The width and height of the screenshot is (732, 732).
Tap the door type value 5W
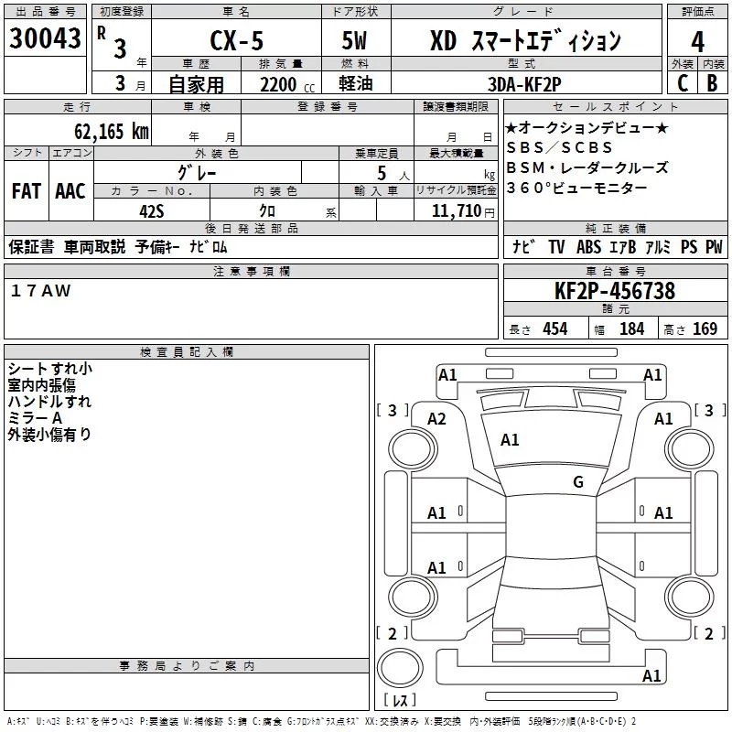click(357, 41)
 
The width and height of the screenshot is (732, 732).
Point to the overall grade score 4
click(698, 41)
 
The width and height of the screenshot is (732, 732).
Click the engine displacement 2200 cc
click(279, 85)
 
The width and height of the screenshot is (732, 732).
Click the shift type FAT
click(27, 190)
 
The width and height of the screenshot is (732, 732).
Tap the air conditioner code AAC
click(70, 190)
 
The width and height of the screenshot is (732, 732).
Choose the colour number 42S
click(151, 210)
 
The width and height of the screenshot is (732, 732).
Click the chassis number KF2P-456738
click(615, 291)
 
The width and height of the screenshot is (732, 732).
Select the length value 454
click(554, 329)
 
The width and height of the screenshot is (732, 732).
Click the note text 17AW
click(40, 290)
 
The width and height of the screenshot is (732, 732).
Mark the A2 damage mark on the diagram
click(437, 418)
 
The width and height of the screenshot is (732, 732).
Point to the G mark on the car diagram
click(577, 482)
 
